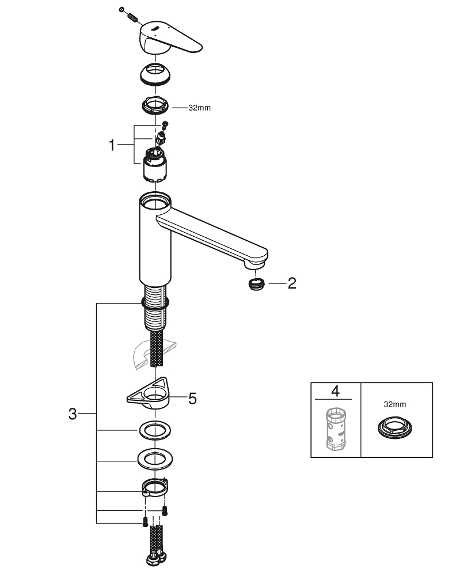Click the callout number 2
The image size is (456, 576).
292,283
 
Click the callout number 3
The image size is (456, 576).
73,414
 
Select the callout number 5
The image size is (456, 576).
192,398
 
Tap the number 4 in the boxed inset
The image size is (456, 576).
336,392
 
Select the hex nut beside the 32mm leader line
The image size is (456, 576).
154,107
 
